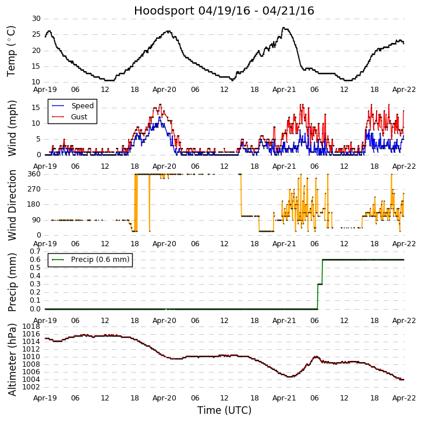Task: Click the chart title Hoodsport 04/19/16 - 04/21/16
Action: [x=224, y=10]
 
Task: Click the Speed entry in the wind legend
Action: [x=82, y=106]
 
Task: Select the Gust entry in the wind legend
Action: [x=79, y=117]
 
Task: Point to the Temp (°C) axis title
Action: [x=11, y=51]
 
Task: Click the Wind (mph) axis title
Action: [x=11, y=128]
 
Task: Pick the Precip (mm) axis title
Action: [x=11, y=281]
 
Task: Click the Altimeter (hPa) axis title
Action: [x=11, y=359]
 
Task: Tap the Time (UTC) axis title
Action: [x=224, y=410]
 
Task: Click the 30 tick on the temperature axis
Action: [x=36, y=19]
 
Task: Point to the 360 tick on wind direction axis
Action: [x=33, y=174]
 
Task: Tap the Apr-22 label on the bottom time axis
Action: [x=404, y=397]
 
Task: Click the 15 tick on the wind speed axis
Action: [x=36, y=108]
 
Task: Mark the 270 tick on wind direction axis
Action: [x=33, y=189]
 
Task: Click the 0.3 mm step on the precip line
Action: [x=320, y=284]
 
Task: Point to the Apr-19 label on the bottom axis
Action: [x=45, y=397]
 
